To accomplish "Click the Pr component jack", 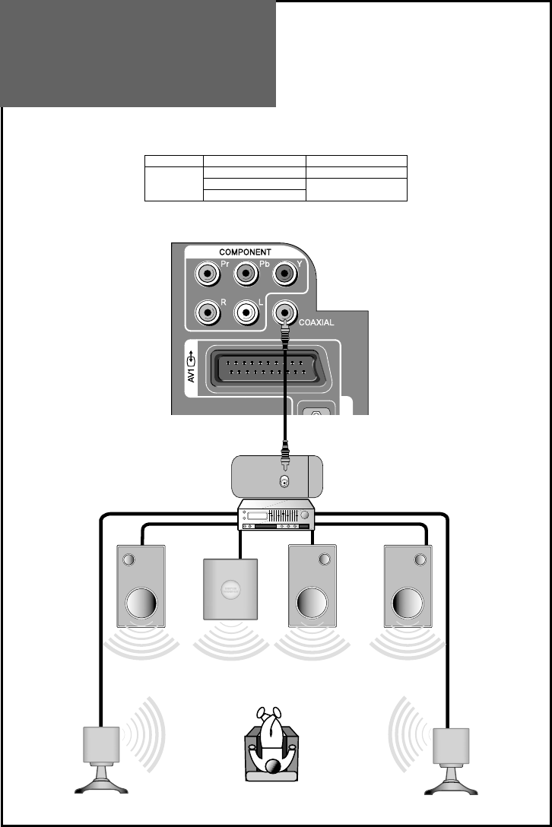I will point(208,272).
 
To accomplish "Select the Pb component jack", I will point(246,272).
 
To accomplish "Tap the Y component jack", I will point(284,272).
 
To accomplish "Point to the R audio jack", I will point(208,311).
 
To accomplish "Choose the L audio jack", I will point(246,311).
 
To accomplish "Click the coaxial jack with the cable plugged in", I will point(284,311).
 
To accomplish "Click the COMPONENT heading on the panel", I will point(245,252).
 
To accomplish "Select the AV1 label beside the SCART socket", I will point(192,368).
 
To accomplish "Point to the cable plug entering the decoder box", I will point(284,460).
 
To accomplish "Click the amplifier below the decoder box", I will point(276,515).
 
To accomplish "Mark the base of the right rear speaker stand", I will point(452,788).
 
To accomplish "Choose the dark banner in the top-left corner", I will point(138,53).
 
